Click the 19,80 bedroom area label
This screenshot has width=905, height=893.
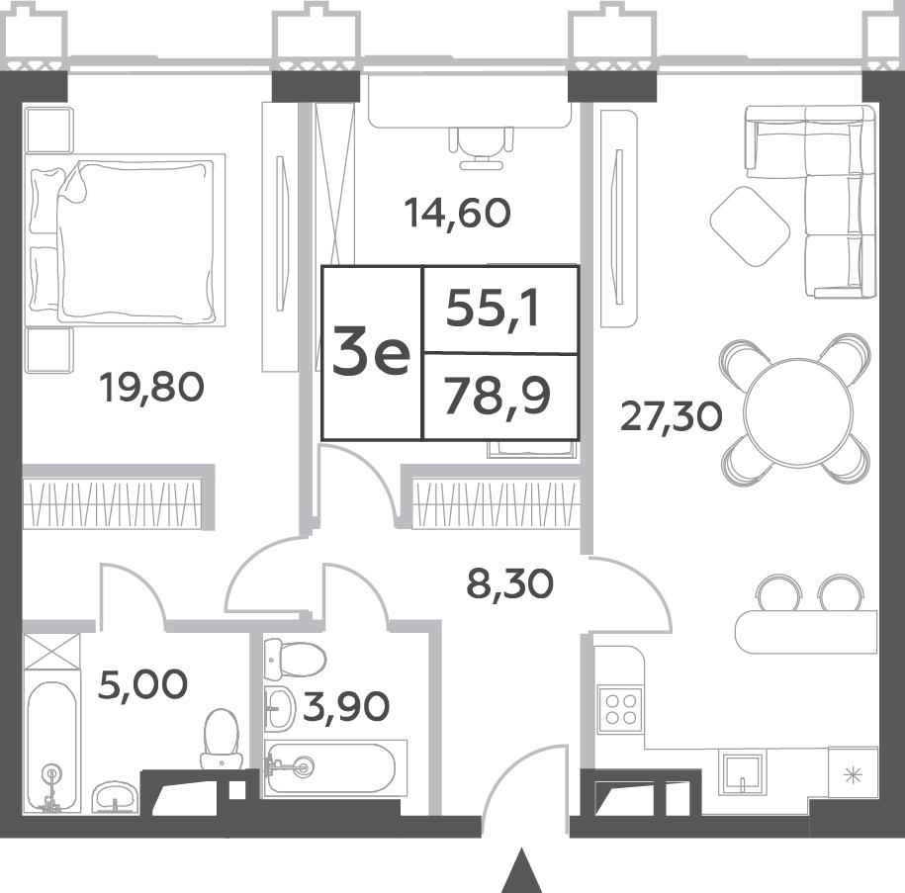pyautogui.click(x=151, y=388)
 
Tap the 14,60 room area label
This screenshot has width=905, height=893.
pyautogui.click(x=458, y=213)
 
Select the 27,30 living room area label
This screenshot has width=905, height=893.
pyautogui.click(x=672, y=416)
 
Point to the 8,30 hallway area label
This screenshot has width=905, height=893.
pyautogui.click(x=509, y=583)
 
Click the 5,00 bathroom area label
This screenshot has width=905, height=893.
pyautogui.click(x=143, y=684)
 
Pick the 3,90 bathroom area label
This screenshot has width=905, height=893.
pyautogui.click(x=346, y=706)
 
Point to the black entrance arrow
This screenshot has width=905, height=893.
pyautogui.click(x=522, y=870)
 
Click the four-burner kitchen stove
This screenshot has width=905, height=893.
pyautogui.click(x=620, y=709)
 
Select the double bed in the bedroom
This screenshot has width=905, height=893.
pyautogui.click(x=125, y=240)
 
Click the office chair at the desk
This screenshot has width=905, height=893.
pyautogui.click(x=481, y=147)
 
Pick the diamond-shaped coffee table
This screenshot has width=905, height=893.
pyautogui.click(x=750, y=226)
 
